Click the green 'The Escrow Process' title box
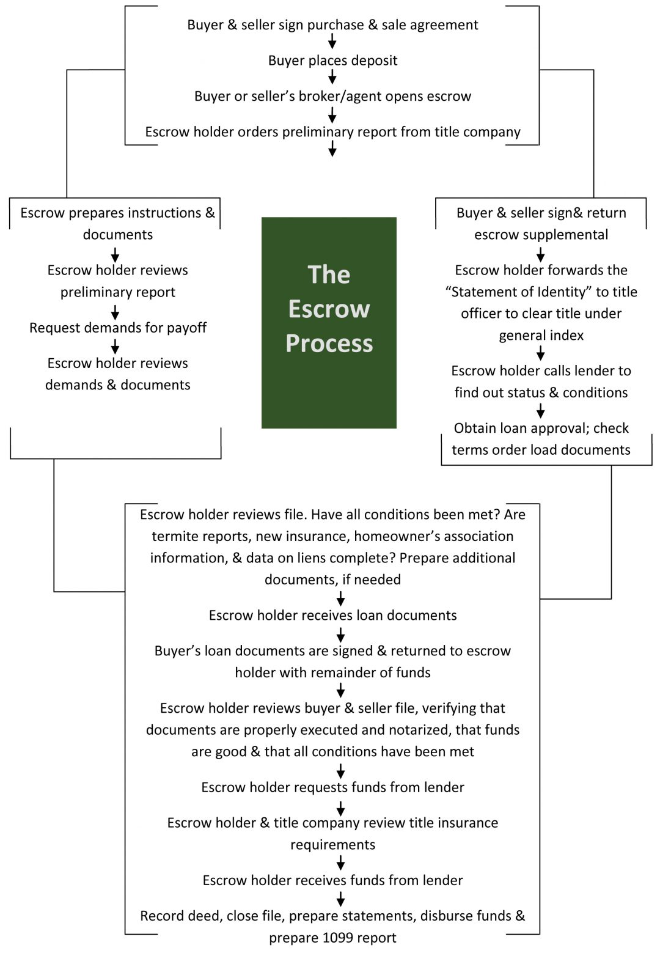[329, 322]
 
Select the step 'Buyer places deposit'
[332, 61]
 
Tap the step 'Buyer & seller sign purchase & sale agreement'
[332, 25]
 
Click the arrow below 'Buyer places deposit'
[332, 77]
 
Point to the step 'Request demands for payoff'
[118, 328]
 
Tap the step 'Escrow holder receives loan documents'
[332, 616]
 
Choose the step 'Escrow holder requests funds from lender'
[332, 787]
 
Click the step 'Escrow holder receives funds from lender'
[332, 880]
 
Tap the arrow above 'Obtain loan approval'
[540, 410]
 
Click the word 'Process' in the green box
[329, 344]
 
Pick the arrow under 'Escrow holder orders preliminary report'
[332, 149]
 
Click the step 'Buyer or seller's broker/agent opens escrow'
[332, 97]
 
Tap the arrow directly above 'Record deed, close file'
[340, 899]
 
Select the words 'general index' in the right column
[541, 336]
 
